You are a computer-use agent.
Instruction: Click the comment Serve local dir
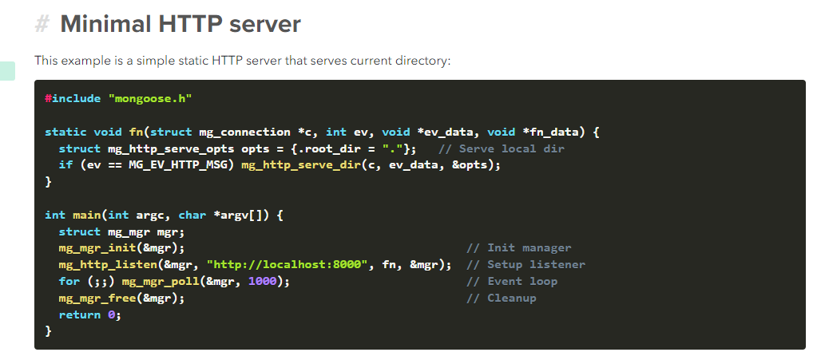coord(501,148)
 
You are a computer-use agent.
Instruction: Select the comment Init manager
coord(518,248)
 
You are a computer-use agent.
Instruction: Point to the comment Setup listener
coord(526,265)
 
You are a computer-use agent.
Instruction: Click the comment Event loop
coord(512,282)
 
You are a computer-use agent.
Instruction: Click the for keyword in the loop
coord(69,282)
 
